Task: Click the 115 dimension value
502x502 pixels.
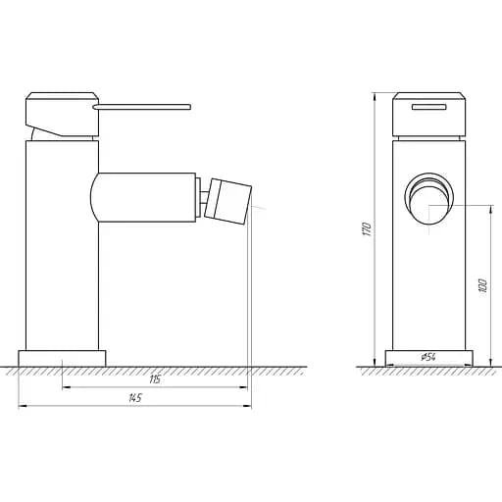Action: [x=155, y=380]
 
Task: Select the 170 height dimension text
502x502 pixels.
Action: [x=366, y=228]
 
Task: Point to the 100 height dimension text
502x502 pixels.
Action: [x=481, y=285]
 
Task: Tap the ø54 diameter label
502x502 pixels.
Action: [x=428, y=358]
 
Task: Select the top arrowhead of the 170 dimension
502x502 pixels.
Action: [x=376, y=96]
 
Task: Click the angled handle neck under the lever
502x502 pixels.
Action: [x=42, y=127]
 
